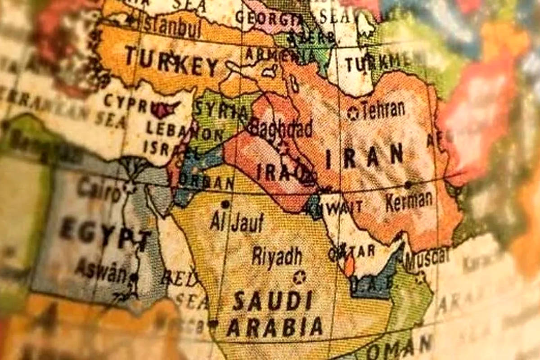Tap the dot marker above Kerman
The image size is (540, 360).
tap(408, 184)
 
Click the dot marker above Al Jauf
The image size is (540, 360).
tap(225, 204)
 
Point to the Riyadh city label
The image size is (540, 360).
tap(277, 256)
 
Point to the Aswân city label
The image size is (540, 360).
tap(101, 269)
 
